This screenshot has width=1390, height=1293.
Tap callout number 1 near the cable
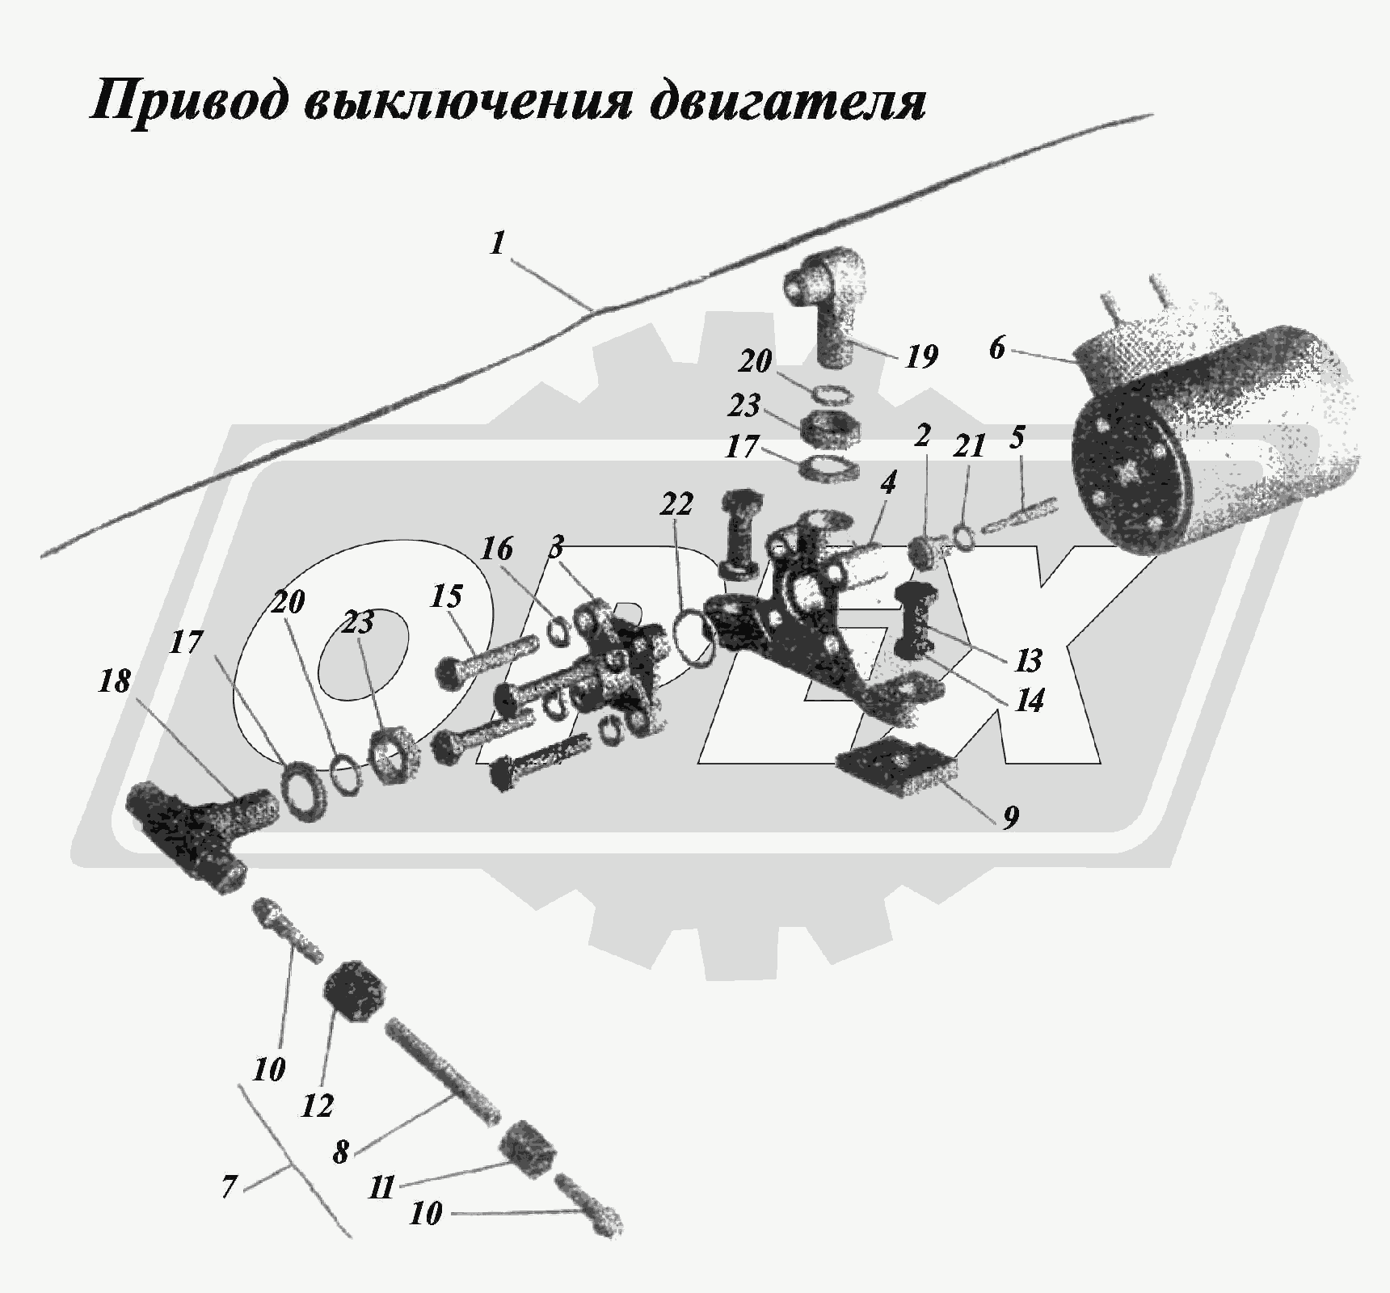499,243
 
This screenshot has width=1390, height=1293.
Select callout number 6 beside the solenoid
997,348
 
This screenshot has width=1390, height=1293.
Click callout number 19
920,356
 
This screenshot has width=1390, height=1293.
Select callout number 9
1010,818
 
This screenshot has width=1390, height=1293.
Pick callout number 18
114,681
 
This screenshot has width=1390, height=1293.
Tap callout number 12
317,1106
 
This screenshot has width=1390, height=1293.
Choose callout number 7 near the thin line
229,1187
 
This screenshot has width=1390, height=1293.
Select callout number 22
676,504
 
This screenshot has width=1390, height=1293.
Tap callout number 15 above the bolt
446,597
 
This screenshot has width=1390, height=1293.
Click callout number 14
1029,701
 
